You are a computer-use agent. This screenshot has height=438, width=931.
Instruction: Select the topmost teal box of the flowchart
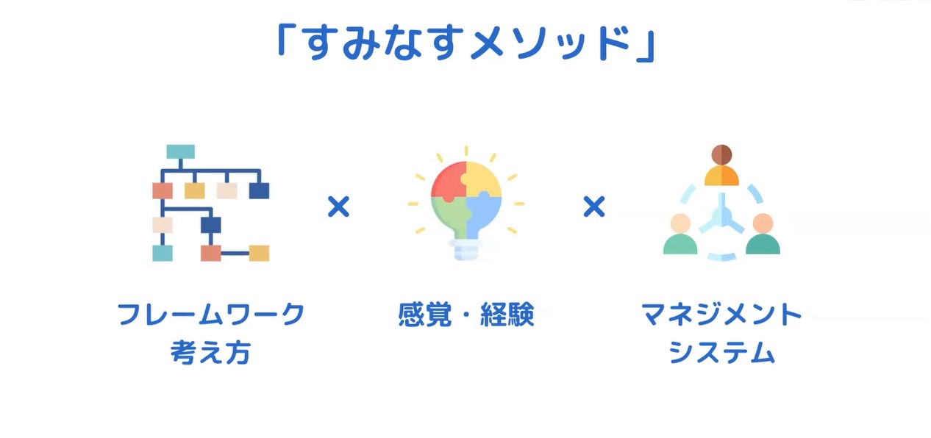(180, 151)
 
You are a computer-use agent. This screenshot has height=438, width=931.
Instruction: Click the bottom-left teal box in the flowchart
(163, 253)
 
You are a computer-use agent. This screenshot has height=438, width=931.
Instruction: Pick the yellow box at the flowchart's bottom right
(259, 253)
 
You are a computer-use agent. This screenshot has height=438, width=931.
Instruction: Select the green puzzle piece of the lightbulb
(450, 216)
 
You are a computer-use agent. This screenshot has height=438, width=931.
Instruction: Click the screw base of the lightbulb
(466, 250)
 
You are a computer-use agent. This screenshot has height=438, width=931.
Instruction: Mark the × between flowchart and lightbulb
(338, 207)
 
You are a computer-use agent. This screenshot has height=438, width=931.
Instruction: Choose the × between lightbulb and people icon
(594, 207)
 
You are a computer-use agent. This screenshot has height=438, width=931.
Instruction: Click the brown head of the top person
(721, 155)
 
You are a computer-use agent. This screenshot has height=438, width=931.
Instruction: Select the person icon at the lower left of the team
(680, 234)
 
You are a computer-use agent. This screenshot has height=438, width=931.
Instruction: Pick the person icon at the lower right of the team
(763, 234)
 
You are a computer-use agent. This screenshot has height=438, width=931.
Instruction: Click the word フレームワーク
(211, 314)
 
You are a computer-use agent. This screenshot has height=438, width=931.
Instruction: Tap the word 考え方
(210, 353)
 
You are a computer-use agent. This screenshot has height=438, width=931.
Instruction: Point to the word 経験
(507, 315)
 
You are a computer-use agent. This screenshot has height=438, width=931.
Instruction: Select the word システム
(722, 353)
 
